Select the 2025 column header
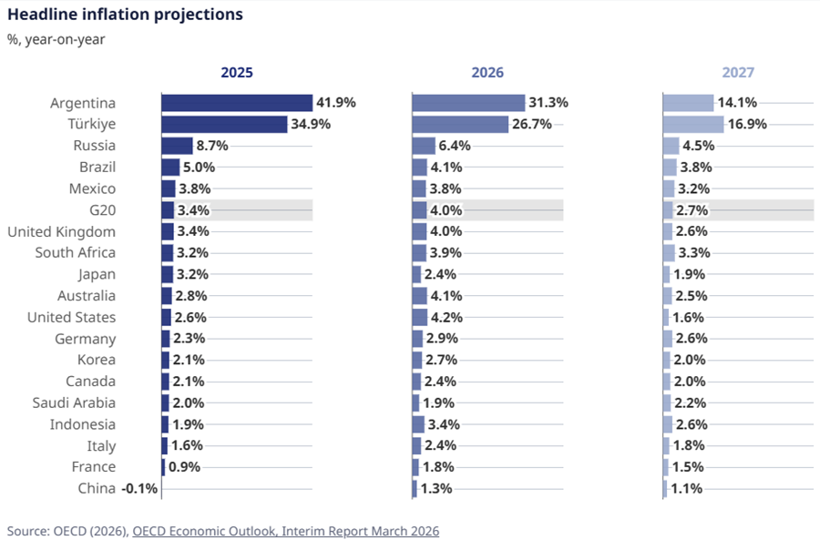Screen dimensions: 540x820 237,73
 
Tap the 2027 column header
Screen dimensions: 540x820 738,73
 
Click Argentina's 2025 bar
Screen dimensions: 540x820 237,103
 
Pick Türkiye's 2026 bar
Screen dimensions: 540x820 460,125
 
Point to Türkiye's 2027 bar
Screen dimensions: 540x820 693,125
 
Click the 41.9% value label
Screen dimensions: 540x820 335,103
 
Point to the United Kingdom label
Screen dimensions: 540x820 61,231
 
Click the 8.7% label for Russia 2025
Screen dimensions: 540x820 211,146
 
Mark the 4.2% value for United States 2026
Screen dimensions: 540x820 446,318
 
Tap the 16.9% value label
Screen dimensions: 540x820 747,125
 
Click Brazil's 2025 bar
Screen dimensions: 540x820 170,168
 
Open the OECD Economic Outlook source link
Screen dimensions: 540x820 285,530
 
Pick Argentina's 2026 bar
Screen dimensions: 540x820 468,103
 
